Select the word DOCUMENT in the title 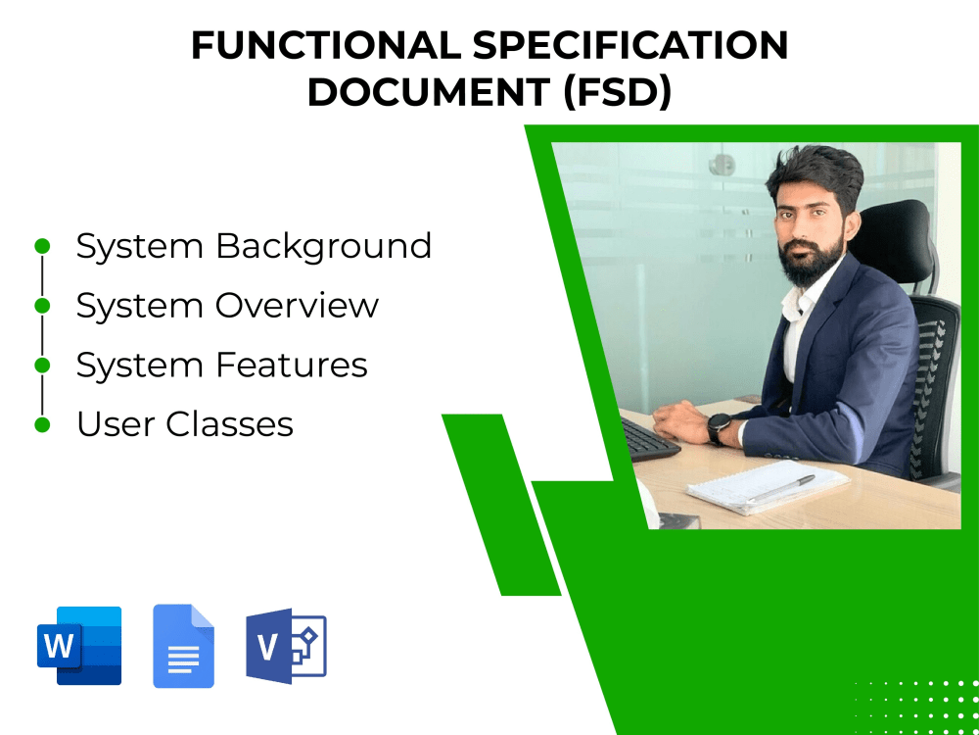point(428,92)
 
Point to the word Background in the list point(324,246)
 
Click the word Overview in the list point(297,306)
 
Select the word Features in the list point(292,366)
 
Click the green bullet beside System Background point(42,246)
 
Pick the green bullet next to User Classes point(42,425)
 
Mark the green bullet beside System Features point(42,366)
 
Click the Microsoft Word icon point(79,646)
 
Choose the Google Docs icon point(183,646)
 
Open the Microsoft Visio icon point(285,646)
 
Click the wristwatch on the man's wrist point(718,428)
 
